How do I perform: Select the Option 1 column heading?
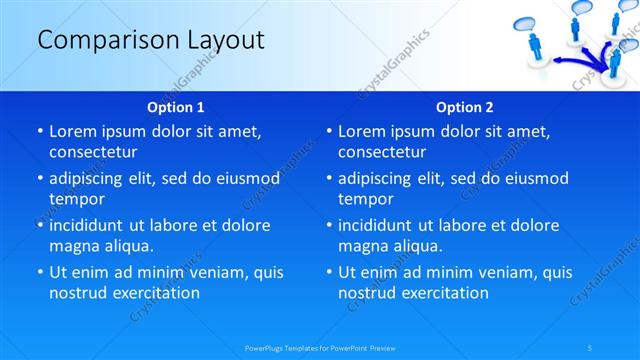point(176,107)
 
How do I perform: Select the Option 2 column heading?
point(465,107)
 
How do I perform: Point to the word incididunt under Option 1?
point(94,225)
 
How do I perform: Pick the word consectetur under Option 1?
point(93,152)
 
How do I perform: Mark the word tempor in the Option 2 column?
point(365,199)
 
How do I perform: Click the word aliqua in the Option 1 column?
point(129,246)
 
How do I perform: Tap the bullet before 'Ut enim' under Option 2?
point(330,272)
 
